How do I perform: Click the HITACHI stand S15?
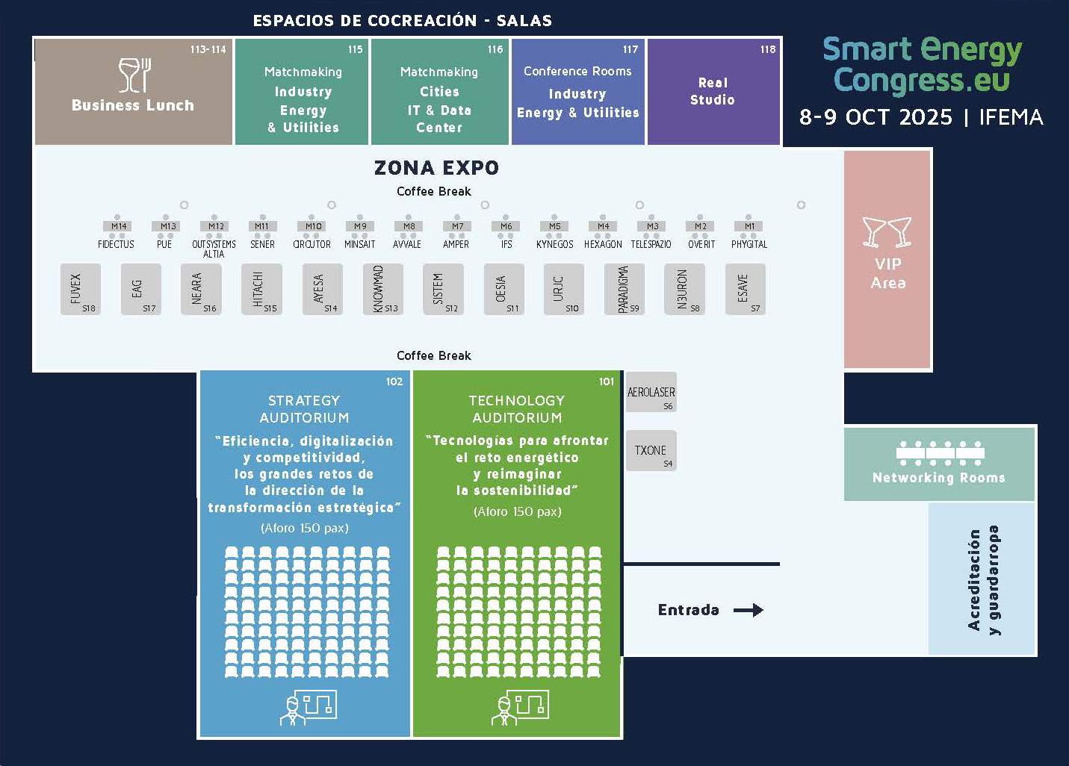(262, 289)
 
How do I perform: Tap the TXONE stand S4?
(651, 451)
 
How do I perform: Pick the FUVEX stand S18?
(81, 289)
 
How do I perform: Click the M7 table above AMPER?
(457, 226)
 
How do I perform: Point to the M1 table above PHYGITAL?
(749, 226)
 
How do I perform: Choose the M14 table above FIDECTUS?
(119, 226)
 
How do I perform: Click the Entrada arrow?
(749, 610)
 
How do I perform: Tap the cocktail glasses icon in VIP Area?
(887, 231)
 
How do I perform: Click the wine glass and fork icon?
(135, 75)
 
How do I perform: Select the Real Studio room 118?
(713, 91)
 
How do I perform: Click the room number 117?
(630, 49)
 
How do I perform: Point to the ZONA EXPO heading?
(436, 167)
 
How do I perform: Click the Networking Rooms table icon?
(939, 453)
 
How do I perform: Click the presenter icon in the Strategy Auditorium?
(308, 707)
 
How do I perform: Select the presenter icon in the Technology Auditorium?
(520, 707)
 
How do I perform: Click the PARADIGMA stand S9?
(625, 289)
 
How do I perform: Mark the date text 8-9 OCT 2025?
(876, 117)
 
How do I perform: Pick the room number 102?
(394, 382)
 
